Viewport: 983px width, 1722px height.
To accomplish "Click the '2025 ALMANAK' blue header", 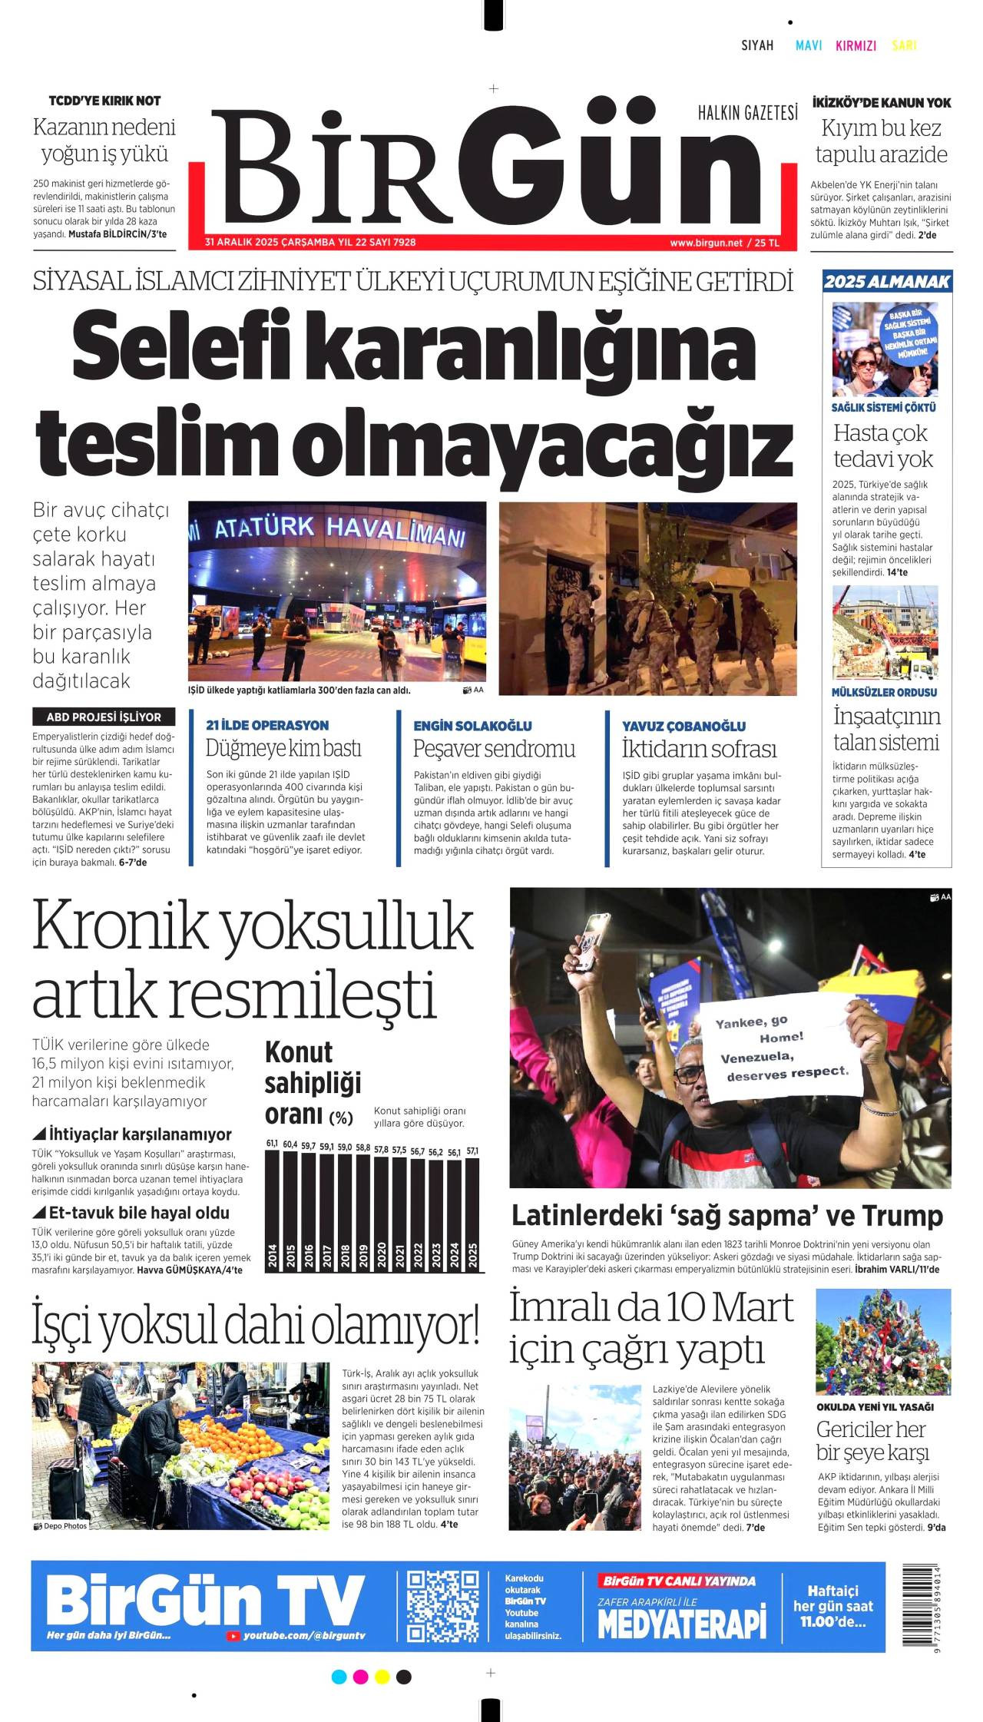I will click(887, 282).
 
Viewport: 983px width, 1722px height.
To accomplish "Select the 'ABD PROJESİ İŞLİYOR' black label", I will click(104, 717).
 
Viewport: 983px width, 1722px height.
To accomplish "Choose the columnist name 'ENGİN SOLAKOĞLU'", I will click(472, 726).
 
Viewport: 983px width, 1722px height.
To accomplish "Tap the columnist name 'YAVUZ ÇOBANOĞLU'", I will click(683, 726).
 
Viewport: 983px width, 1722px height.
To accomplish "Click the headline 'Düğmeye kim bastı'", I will click(283, 748).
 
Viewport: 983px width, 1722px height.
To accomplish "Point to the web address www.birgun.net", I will click(706, 243).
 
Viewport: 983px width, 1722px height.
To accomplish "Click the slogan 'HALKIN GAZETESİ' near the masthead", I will click(747, 114).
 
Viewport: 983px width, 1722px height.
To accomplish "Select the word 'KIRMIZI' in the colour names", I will click(856, 45).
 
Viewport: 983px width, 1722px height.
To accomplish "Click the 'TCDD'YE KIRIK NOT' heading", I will click(104, 101).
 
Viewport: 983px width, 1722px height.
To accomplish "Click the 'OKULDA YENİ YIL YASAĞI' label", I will click(875, 1407).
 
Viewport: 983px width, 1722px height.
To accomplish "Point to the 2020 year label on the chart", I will click(382, 1255).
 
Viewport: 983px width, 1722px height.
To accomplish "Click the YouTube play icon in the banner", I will click(233, 1637).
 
